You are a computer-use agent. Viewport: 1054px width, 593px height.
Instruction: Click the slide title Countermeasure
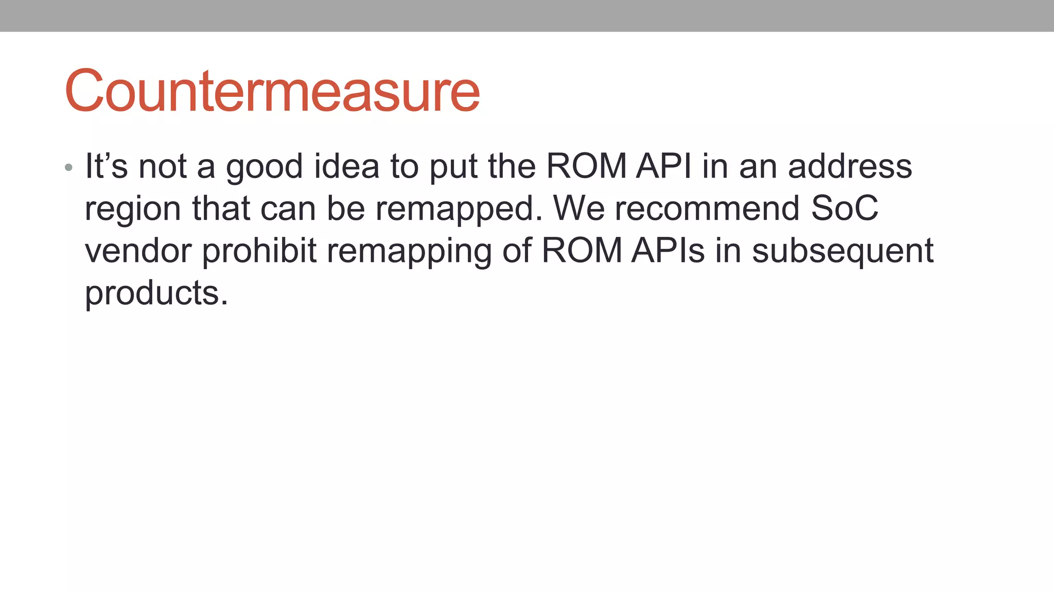click(x=272, y=91)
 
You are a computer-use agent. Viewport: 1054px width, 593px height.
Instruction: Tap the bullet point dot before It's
click(x=68, y=167)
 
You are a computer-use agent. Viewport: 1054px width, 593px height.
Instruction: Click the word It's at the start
click(x=106, y=166)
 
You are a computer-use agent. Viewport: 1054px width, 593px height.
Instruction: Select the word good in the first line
click(x=265, y=167)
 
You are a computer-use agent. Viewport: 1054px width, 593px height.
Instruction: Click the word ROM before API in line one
click(x=586, y=166)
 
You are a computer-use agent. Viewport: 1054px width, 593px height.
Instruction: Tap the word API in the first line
click(x=664, y=166)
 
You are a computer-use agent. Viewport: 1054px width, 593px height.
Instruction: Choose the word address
click(x=850, y=166)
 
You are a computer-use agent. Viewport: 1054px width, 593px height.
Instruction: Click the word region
click(x=133, y=210)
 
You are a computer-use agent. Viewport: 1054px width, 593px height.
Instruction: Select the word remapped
click(x=459, y=210)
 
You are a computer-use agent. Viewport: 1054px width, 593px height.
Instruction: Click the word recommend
click(x=707, y=208)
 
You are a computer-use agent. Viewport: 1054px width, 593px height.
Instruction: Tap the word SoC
click(x=845, y=208)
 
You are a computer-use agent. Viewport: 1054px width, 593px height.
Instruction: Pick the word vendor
click(x=138, y=251)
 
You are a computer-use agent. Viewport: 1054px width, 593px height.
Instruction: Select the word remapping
click(x=409, y=252)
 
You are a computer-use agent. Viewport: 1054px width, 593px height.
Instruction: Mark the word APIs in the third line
click(x=667, y=251)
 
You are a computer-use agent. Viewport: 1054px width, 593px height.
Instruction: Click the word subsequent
click(x=842, y=252)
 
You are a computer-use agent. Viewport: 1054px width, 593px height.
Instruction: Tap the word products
click(x=156, y=294)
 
